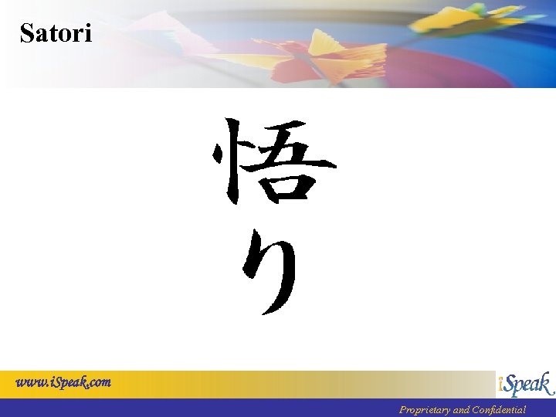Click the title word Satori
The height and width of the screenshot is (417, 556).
pyautogui.click(x=56, y=33)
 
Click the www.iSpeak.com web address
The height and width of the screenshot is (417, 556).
pyautogui.click(x=64, y=382)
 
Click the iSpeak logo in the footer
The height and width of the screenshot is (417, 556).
pyautogui.click(x=525, y=384)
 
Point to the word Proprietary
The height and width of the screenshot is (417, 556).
pyautogui.click(x=424, y=410)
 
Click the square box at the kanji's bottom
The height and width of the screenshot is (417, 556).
pyautogui.click(x=288, y=186)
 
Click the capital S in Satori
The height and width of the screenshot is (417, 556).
pyautogui.click(x=27, y=33)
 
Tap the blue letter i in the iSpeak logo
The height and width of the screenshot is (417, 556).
pyautogui.click(x=502, y=384)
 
